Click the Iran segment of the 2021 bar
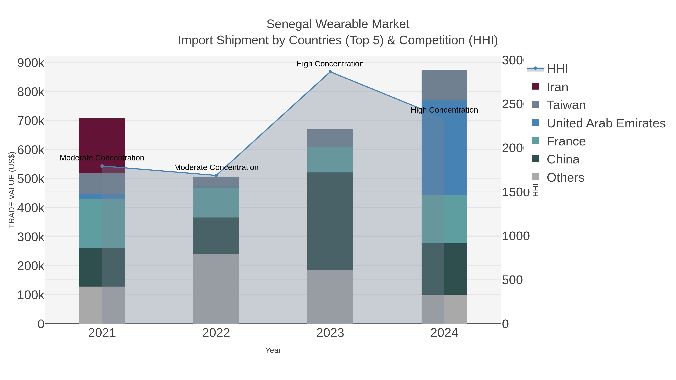pos(102,142)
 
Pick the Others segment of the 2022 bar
pos(216,288)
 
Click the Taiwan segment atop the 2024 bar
pos(444,85)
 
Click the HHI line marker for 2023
pos(330,72)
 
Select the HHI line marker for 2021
pos(102,166)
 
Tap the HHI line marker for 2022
pos(216,175)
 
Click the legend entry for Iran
pos(557,87)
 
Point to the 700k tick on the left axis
pos(31,121)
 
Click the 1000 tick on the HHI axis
pos(516,236)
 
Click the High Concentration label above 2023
pos(330,64)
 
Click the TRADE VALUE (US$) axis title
pos(11,190)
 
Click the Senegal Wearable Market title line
pos(338,24)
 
